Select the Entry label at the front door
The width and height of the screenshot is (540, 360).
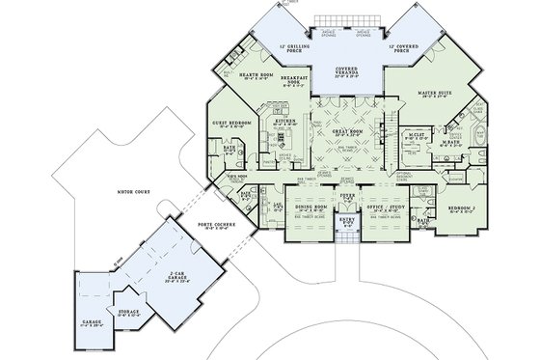coord(349,221)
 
